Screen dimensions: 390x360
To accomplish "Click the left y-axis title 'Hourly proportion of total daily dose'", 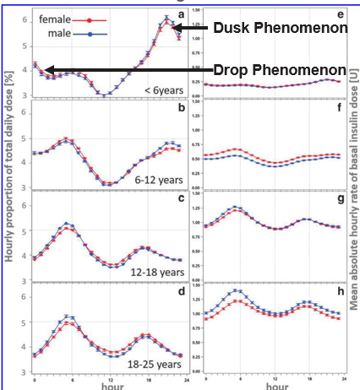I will point(10,195).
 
